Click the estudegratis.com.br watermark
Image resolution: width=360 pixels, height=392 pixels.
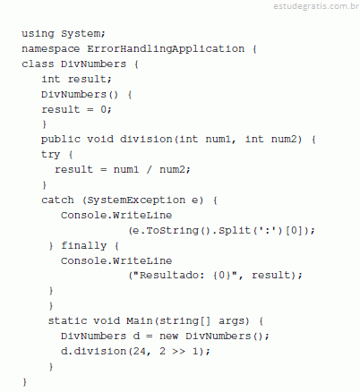(x=316, y=6)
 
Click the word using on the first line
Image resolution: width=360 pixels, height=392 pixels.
(x=38, y=34)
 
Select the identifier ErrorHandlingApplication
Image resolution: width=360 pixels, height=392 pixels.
(x=166, y=49)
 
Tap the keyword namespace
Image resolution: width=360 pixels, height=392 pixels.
(x=51, y=49)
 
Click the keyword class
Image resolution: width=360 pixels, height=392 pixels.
(x=38, y=64)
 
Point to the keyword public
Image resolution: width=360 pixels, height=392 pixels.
(x=61, y=140)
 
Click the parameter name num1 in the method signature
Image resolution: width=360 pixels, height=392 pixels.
(x=219, y=140)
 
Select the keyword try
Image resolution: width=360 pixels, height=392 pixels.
(x=51, y=155)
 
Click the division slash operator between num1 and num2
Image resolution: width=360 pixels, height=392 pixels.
(x=149, y=169)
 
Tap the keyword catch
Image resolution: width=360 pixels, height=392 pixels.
(x=57, y=200)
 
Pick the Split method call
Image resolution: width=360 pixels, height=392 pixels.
(x=235, y=230)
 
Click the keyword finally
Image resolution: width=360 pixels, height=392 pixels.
(x=84, y=245)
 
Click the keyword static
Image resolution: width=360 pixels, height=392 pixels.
(x=67, y=320)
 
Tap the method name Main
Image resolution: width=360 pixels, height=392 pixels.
(x=139, y=320)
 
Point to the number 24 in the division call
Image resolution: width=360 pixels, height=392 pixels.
(x=140, y=351)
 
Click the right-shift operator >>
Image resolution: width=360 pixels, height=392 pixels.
(x=178, y=351)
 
